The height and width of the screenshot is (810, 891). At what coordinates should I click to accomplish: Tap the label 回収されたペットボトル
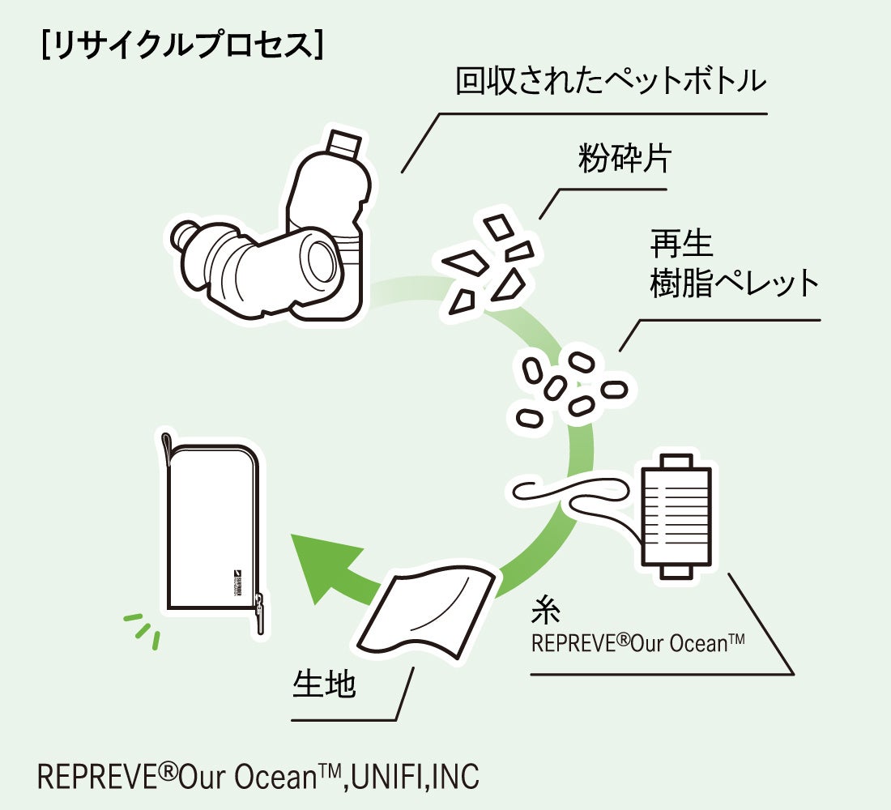[610, 82]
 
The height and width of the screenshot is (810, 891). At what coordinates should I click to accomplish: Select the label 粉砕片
[624, 159]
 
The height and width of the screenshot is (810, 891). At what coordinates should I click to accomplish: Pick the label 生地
[324, 685]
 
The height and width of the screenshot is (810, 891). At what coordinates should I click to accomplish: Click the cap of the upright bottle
[343, 144]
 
